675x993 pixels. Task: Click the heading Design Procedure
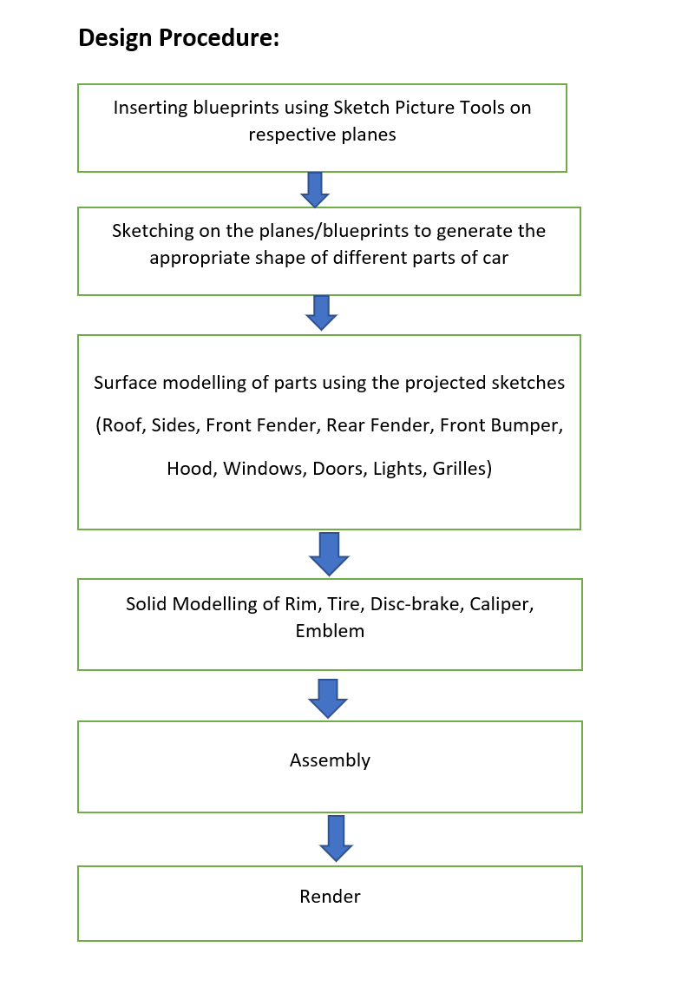179,38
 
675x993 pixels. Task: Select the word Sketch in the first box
361,108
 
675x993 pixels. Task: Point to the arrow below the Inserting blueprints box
315,189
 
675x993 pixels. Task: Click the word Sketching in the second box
153,231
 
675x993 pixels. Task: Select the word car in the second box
495,259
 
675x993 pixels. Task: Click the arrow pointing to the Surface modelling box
322,312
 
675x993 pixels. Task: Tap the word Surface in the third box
126,383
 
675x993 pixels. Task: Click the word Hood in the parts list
192,469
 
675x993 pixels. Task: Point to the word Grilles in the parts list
462,469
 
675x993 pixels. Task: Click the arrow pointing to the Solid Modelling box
330,554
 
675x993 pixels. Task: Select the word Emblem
330,631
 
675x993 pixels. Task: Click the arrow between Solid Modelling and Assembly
328,699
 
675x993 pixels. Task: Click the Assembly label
330,760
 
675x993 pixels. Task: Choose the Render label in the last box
330,897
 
